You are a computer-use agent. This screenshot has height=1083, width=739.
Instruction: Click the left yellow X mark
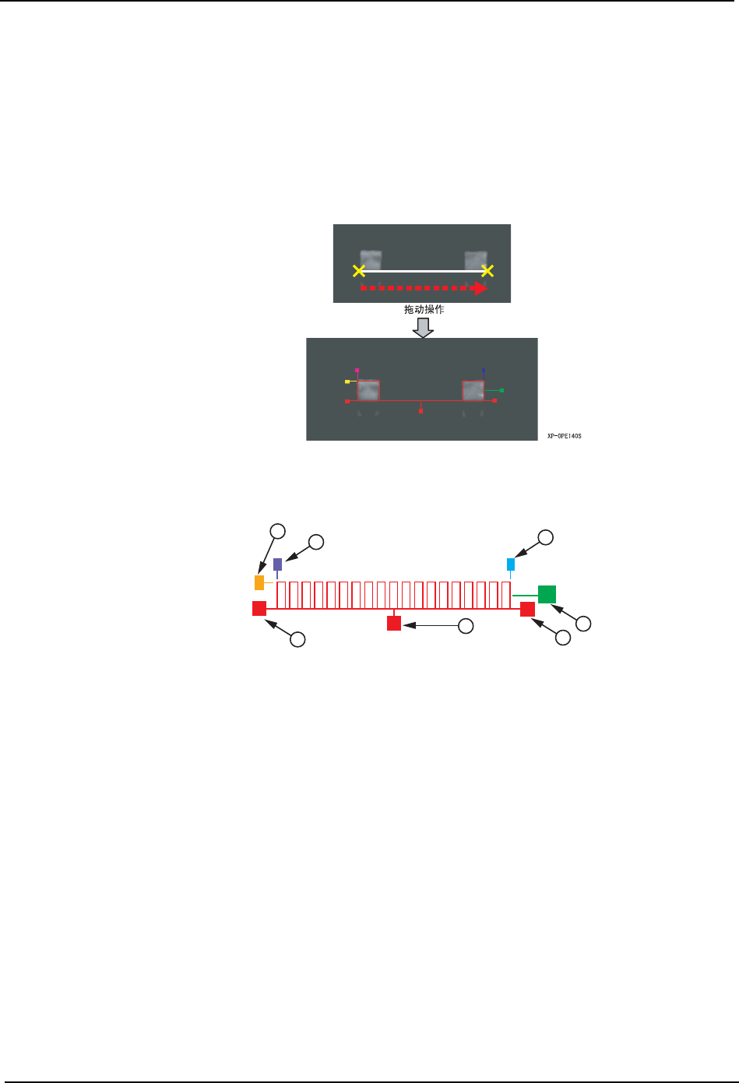pos(358,271)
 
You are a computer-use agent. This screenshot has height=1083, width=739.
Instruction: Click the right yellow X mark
pos(487,271)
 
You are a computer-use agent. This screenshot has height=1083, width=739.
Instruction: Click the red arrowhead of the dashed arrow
pos(480,288)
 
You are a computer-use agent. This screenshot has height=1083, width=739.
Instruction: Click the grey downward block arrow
pos(422,327)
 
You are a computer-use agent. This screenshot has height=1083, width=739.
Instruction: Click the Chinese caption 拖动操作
pos(424,310)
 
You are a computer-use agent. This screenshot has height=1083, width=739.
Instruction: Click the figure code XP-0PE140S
pos(564,436)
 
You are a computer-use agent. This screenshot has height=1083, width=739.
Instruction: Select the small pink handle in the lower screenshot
pos(357,371)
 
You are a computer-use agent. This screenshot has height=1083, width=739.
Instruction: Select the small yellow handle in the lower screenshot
pos(347,382)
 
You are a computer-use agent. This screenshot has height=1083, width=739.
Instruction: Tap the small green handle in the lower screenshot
pos(501,390)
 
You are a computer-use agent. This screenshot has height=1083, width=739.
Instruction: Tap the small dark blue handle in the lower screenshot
pos(483,371)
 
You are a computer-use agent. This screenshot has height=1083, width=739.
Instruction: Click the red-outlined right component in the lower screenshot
pos(473,390)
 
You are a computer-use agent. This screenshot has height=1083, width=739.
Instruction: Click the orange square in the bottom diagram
pos(259,582)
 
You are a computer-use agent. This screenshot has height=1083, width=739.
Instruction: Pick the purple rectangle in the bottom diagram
pos(278,564)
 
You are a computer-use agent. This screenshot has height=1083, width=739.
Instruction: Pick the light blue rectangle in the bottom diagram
pos(511,564)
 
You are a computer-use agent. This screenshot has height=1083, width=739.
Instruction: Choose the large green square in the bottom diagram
pos(547,594)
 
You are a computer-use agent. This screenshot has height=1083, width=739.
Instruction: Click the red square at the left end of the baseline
pos(259,608)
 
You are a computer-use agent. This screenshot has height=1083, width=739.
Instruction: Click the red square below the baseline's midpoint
pos(394,623)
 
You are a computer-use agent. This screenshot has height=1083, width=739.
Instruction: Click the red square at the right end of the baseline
pos(527,609)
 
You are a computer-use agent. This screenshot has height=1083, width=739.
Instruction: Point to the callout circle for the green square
pos(583,624)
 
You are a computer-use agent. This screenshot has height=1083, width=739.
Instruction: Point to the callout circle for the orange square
pos(277,531)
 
